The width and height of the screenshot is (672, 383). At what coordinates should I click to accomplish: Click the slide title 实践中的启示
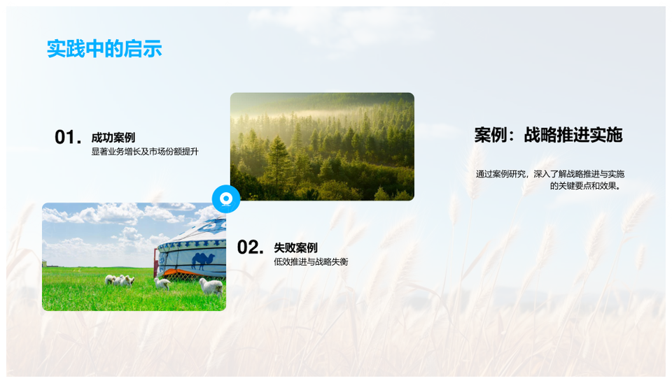coord(104,48)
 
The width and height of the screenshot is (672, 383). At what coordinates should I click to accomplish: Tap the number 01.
coord(68,138)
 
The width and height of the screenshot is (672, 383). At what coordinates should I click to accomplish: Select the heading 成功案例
coord(113,138)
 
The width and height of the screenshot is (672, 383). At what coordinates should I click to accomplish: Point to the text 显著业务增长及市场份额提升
coord(145,152)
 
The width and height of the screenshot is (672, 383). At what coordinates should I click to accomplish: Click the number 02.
coord(251,247)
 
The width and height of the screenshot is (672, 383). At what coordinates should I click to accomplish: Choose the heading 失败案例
coord(295,247)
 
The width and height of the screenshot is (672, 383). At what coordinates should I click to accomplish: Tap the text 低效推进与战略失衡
coord(311,261)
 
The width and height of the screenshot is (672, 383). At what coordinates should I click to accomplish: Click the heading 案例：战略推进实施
coord(548,135)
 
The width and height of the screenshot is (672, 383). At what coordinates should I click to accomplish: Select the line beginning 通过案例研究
coord(550,174)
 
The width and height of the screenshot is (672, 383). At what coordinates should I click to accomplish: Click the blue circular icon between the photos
coord(226,199)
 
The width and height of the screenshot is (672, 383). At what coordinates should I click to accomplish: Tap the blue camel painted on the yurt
coord(203,260)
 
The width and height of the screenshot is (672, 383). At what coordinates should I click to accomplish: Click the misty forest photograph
coord(322,146)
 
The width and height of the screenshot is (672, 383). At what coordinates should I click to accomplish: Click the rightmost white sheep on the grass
coord(211,287)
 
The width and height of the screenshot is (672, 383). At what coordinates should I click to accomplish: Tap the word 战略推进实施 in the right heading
coord(573,135)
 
